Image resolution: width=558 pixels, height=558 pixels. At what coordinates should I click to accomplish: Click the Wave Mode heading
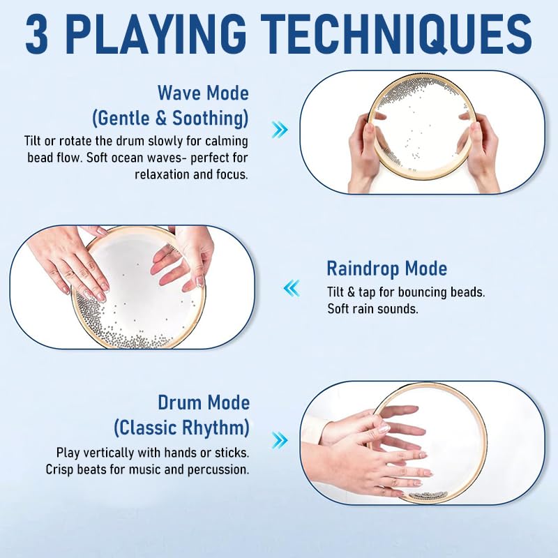[x=203, y=93]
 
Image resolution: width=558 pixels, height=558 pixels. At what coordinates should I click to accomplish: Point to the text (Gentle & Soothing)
[x=170, y=119]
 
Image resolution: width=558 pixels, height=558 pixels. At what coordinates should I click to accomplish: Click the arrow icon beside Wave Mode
[x=280, y=130]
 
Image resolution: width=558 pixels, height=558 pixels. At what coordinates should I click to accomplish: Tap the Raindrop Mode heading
[x=387, y=269]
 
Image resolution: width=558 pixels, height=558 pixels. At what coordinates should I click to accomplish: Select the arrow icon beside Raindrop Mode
[x=292, y=288]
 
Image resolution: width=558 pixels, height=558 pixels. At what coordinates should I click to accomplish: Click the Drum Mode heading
[x=204, y=403]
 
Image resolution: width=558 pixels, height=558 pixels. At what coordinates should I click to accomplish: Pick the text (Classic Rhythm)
[x=181, y=428]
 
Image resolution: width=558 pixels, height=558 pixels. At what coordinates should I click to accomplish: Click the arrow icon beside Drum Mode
[x=280, y=441]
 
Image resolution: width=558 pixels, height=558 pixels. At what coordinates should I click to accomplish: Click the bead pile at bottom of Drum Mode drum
[x=428, y=495]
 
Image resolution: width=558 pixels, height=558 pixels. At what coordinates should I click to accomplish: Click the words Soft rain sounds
[x=372, y=308]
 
